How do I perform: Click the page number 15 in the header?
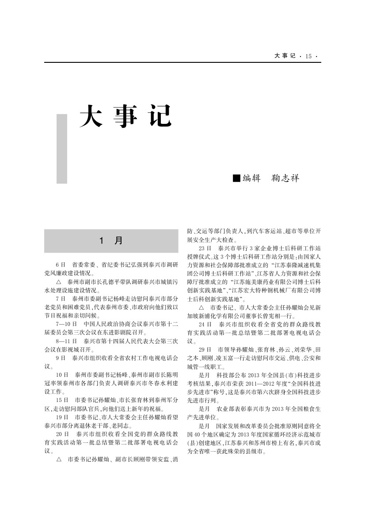pyautogui.click(x=308, y=56)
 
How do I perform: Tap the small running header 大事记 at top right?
pyautogui.click(x=285, y=56)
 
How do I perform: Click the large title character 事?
pyautogui.click(x=125, y=116)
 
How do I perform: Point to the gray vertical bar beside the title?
pyautogui.click(x=62, y=149)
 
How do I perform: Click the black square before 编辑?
pyautogui.click(x=236, y=178)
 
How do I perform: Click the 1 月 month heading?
pyautogui.click(x=111, y=241)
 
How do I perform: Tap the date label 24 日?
pyautogui.click(x=205, y=324)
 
